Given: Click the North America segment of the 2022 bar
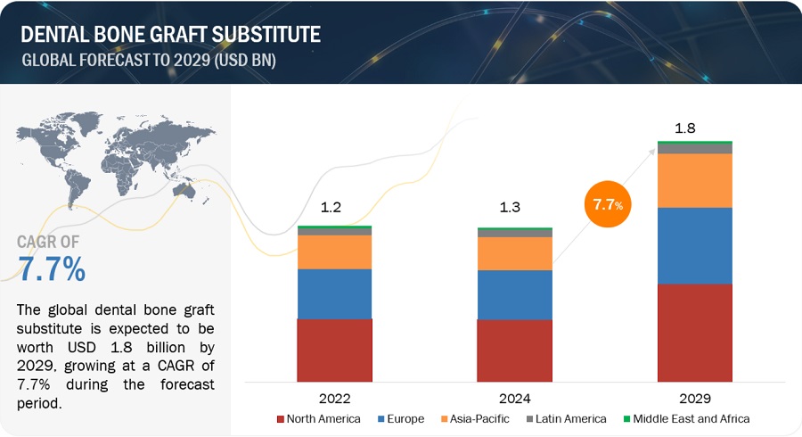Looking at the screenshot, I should pos(334,350).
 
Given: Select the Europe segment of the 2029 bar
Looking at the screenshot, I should pos(694,245).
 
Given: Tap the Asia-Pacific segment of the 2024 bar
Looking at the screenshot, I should pos(514,253).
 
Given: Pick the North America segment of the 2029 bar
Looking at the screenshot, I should pos(694,333).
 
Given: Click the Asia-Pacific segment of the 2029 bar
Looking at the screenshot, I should pos(694,180).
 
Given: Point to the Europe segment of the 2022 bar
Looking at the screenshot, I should pos(334,293).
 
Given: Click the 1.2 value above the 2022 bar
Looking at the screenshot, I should pos(331,209).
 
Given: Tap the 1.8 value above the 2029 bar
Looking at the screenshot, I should pos(685,128).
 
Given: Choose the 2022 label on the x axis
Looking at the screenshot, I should pos(334,399).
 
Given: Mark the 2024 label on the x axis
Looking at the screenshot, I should pos(514,399).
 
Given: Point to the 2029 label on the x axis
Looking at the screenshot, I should pos(694,399).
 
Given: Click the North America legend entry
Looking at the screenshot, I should pos(318,418).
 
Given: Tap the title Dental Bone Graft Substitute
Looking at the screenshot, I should pos(168,35).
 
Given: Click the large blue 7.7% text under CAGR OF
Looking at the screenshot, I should pos(52,268).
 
